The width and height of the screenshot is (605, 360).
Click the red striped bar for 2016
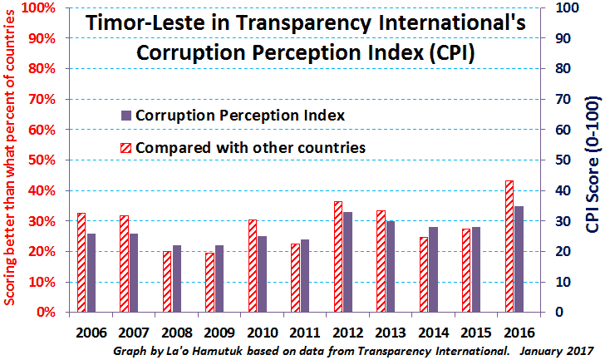[x=509, y=246]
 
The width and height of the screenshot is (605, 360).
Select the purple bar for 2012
[x=347, y=262]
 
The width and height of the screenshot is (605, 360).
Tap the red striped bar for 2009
[x=210, y=283]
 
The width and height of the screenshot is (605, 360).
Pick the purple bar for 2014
[x=433, y=269]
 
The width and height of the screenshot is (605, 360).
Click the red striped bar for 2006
[x=81, y=263]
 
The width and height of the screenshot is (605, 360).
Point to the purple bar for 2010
[x=262, y=274]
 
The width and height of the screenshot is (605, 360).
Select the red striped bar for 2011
[x=295, y=278]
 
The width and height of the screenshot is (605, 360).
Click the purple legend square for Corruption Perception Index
[x=126, y=116]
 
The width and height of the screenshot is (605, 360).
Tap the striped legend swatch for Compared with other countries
[x=126, y=148]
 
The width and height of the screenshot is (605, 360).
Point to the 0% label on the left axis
[x=46, y=312]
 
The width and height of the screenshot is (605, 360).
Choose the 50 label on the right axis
[x=563, y=160]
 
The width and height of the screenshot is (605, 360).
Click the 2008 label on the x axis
[x=177, y=333]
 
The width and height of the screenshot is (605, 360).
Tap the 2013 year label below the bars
[x=391, y=333]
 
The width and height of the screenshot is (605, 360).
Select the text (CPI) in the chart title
[x=450, y=53]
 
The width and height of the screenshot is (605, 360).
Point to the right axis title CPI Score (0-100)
[x=593, y=165]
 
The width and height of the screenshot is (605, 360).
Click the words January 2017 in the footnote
[x=556, y=351]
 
